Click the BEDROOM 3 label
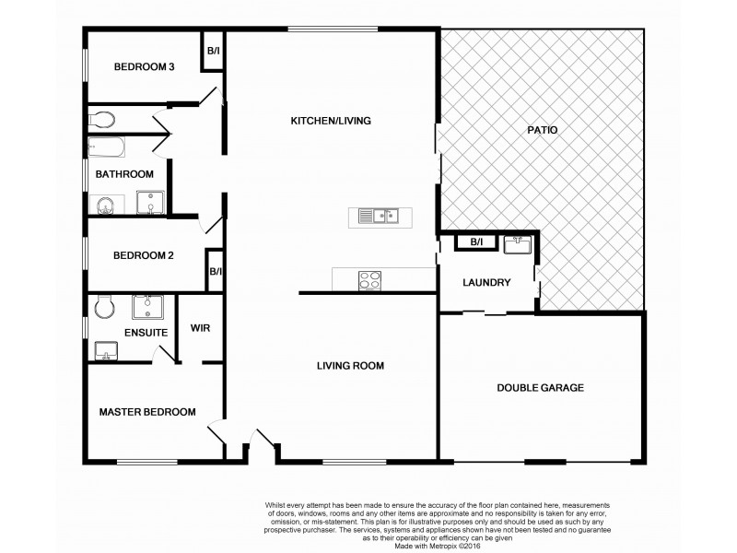click(145, 66)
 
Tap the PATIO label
click(543, 130)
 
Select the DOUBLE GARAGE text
click(541, 388)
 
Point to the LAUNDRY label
click(486, 283)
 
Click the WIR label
click(201, 328)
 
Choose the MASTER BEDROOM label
click(147, 412)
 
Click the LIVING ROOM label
click(350, 366)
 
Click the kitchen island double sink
click(379, 218)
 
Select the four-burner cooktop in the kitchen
click(370, 279)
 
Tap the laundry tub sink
click(516, 244)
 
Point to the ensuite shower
click(148, 305)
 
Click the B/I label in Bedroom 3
click(213, 51)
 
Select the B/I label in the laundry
click(476, 243)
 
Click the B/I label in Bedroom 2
click(215, 272)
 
